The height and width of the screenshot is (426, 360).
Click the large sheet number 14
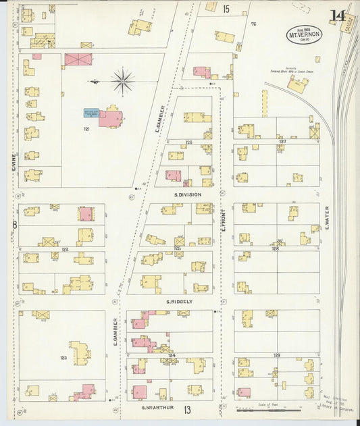pyautogui.click(x=338, y=16)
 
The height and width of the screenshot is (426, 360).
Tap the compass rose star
pyautogui.click(x=122, y=82)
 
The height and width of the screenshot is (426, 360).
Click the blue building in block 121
pyautogui.click(x=91, y=114)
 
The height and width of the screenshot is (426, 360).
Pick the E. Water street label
pyautogui.click(x=326, y=216)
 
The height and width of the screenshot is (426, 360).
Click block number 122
pyautogui.click(x=65, y=249)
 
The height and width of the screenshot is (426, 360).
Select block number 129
pyautogui.click(x=276, y=354)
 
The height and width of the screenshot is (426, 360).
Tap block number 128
pyautogui.click(x=275, y=248)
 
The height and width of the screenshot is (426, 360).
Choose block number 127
pyautogui.click(x=282, y=141)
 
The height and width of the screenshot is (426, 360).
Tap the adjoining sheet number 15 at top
pyautogui.click(x=226, y=9)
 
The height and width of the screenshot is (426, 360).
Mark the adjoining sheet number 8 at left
pyautogui.click(x=14, y=224)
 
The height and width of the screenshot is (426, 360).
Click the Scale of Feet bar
pyautogui.click(x=263, y=409)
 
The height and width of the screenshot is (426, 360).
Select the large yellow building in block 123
pyautogui.click(x=80, y=352)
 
